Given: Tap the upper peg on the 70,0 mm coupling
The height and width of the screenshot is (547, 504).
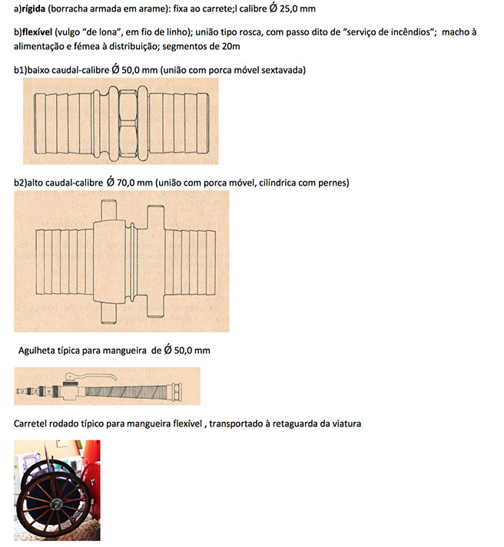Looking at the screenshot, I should point(107,204).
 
